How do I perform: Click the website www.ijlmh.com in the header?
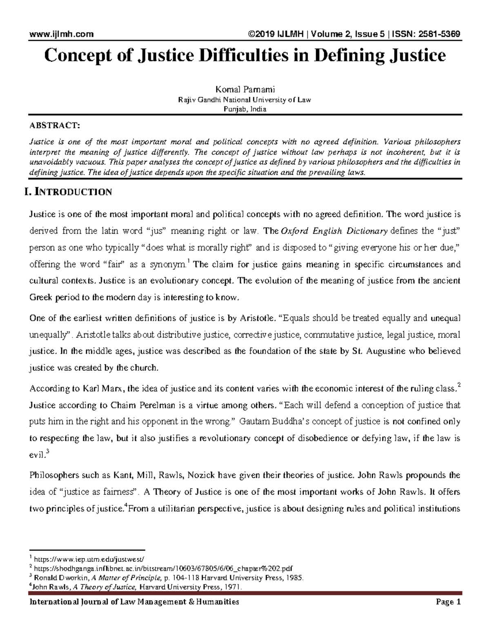[61, 34]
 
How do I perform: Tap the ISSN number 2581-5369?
[439, 34]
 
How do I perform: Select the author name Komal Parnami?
[245, 90]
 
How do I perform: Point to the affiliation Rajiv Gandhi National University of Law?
[245, 100]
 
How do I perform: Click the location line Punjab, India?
[245, 109]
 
